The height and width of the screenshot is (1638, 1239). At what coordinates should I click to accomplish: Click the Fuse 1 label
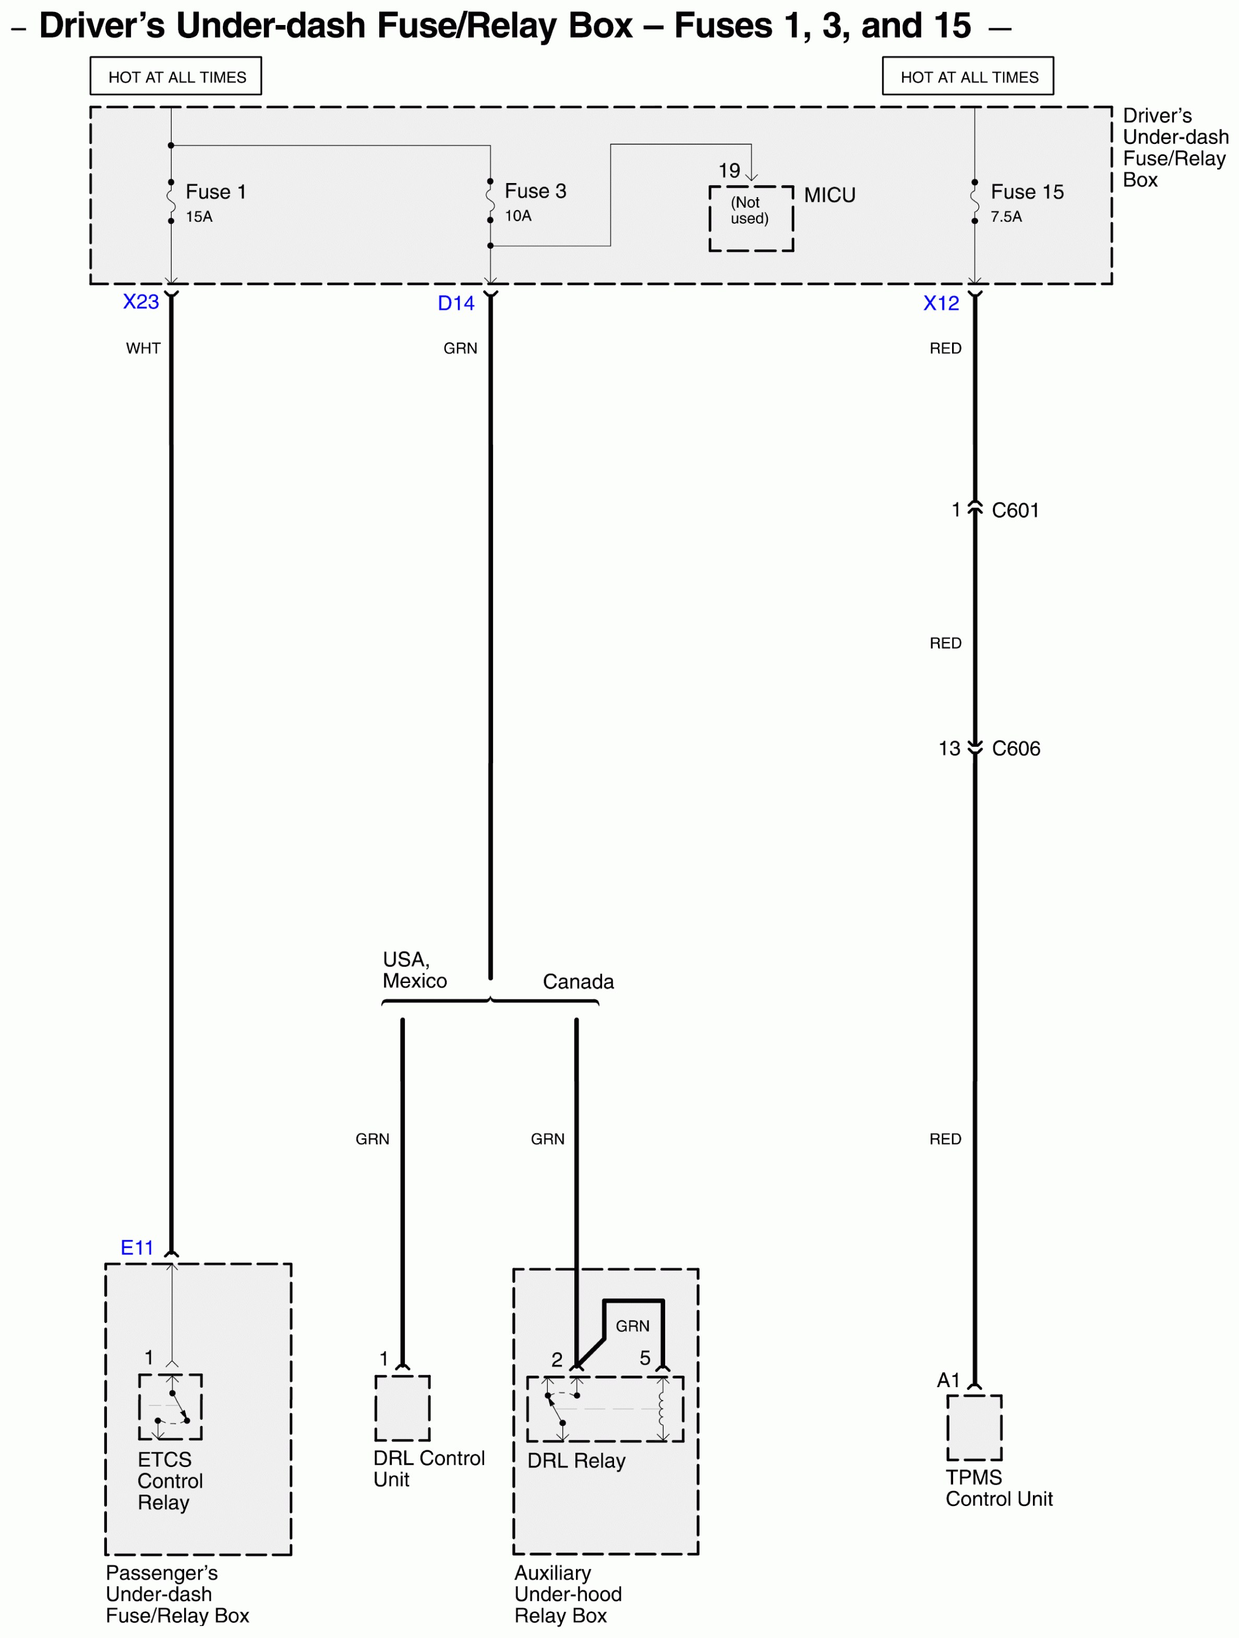(215, 192)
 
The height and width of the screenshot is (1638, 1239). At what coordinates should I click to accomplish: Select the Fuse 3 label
(535, 191)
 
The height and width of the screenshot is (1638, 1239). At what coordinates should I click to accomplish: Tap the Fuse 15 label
(1027, 192)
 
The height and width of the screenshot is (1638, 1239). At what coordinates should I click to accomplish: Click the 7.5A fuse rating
(1006, 216)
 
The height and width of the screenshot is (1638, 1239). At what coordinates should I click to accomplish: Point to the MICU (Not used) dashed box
(750, 219)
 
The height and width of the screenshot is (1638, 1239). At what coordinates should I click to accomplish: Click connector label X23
(141, 302)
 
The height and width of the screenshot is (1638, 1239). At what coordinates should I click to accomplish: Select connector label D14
(455, 304)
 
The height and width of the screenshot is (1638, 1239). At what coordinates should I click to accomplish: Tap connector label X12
(941, 304)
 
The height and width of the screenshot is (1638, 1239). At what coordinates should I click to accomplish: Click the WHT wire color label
(143, 348)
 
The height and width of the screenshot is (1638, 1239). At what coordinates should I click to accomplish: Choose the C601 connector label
(1015, 510)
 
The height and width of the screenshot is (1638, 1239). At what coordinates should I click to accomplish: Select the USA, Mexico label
(414, 970)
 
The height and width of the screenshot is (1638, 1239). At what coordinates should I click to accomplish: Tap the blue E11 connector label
(137, 1248)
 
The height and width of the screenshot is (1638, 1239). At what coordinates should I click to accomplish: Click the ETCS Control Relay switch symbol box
(171, 1407)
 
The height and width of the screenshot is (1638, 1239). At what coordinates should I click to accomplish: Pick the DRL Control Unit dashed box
(402, 1408)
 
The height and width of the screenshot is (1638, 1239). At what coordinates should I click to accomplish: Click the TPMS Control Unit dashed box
(974, 1427)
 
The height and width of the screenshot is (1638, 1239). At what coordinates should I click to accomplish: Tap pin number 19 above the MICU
(729, 171)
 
